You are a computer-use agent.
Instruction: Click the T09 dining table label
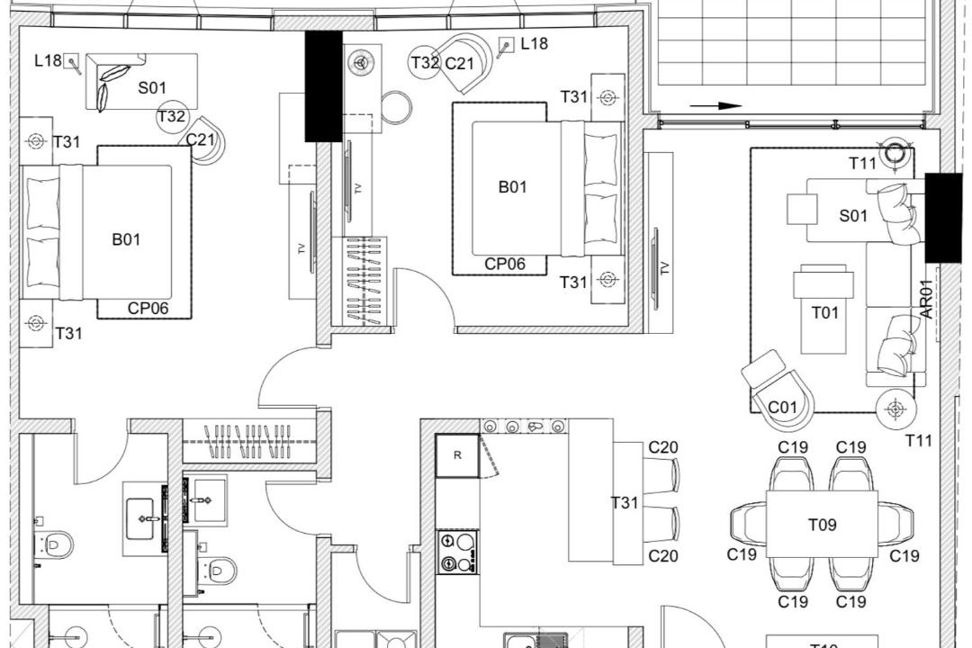tap(822, 526)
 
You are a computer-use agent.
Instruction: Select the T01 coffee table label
tap(825, 312)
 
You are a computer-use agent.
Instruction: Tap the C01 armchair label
tap(782, 408)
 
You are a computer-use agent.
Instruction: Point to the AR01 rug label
tap(926, 299)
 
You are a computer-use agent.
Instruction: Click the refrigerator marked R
tap(457, 455)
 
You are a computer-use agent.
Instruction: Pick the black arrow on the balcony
tap(716, 106)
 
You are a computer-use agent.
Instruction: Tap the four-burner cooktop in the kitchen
tap(457, 552)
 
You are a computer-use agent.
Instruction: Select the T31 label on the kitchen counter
tap(625, 502)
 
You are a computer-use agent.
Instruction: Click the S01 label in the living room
tap(853, 216)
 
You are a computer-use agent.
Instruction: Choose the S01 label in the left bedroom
tap(152, 87)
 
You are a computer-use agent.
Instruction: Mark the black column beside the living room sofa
tap(943, 218)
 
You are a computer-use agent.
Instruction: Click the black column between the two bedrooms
tap(324, 86)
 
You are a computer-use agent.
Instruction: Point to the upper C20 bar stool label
tap(662, 447)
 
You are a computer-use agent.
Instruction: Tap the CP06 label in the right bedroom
tap(505, 265)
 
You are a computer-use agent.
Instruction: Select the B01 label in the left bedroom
tap(126, 239)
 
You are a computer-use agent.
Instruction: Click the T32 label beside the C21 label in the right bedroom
tap(425, 63)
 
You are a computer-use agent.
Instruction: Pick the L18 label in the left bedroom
tap(48, 60)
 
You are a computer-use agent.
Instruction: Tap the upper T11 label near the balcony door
tap(862, 163)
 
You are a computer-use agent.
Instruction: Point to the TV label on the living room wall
tap(665, 268)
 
